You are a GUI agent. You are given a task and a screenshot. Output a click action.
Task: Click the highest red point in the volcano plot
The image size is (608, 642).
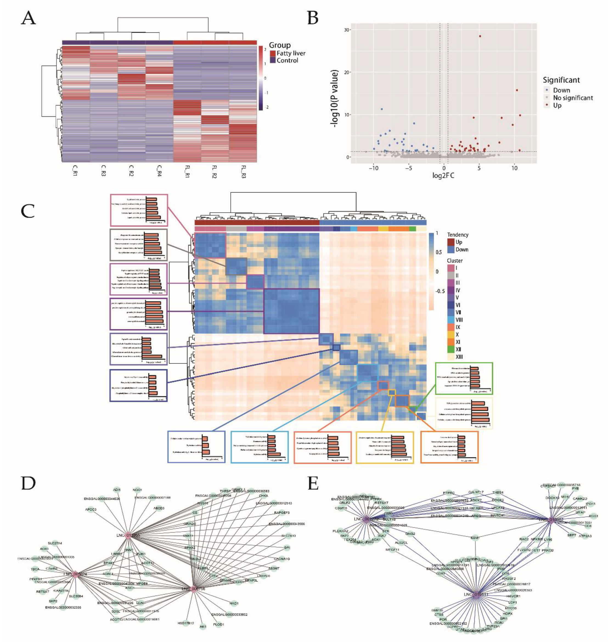coord(480,36)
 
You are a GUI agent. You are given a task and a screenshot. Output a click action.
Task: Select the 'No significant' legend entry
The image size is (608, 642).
coord(573,98)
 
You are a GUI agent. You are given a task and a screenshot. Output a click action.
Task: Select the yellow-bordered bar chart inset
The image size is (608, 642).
coord(384,447)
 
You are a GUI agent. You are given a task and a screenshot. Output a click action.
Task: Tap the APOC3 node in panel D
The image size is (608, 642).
coord(91,509)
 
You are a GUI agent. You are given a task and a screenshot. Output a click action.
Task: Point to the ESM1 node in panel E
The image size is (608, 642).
coord(475,538)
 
